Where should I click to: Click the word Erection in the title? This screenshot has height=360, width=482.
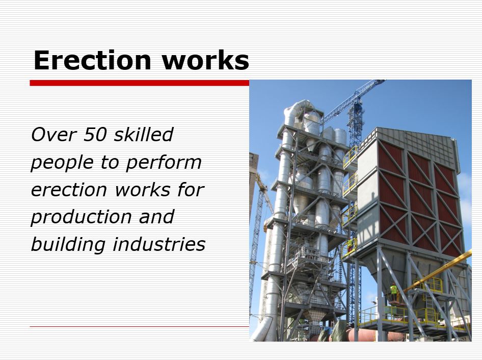[x=92, y=60]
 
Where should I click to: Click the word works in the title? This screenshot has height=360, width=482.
[x=205, y=60]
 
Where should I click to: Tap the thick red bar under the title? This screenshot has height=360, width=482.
[x=139, y=83]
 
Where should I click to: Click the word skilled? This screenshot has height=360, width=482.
[x=143, y=135]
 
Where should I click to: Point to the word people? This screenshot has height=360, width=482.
[x=62, y=163]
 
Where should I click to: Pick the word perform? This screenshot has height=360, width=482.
[x=164, y=163]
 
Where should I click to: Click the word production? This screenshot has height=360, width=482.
[x=81, y=217]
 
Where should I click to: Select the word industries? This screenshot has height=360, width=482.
[x=159, y=244]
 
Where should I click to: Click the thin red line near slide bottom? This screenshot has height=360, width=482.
[x=139, y=326]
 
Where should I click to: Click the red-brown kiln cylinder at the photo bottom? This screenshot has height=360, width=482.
[x=360, y=335]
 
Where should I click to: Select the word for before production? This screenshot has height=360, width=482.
[x=191, y=189]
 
